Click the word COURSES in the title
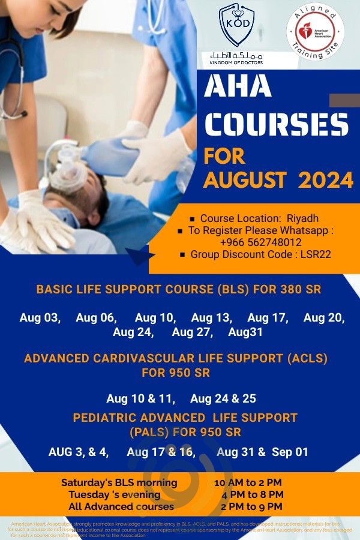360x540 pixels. click(x=275, y=124)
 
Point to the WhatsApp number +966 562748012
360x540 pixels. click(x=261, y=242)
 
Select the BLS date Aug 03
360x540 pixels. click(x=40, y=318)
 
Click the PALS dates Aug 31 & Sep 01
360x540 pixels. click(x=263, y=452)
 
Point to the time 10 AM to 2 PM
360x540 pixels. click(x=248, y=483)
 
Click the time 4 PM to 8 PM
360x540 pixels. click(x=248, y=495)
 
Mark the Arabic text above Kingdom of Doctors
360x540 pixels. click(x=236, y=55)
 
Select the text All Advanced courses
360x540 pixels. click(x=122, y=506)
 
